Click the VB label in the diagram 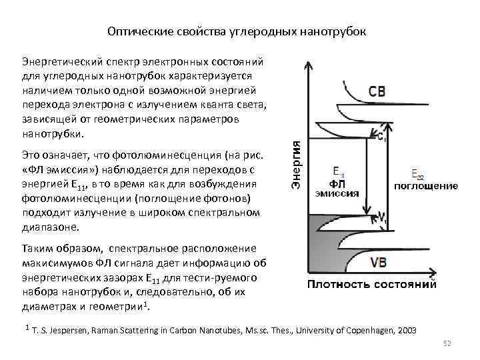click(x=377, y=262)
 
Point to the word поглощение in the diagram click(x=426, y=186)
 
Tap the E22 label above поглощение click(x=418, y=175)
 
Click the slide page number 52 click(x=447, y=343)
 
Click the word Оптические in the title click(x=135, y=32)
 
